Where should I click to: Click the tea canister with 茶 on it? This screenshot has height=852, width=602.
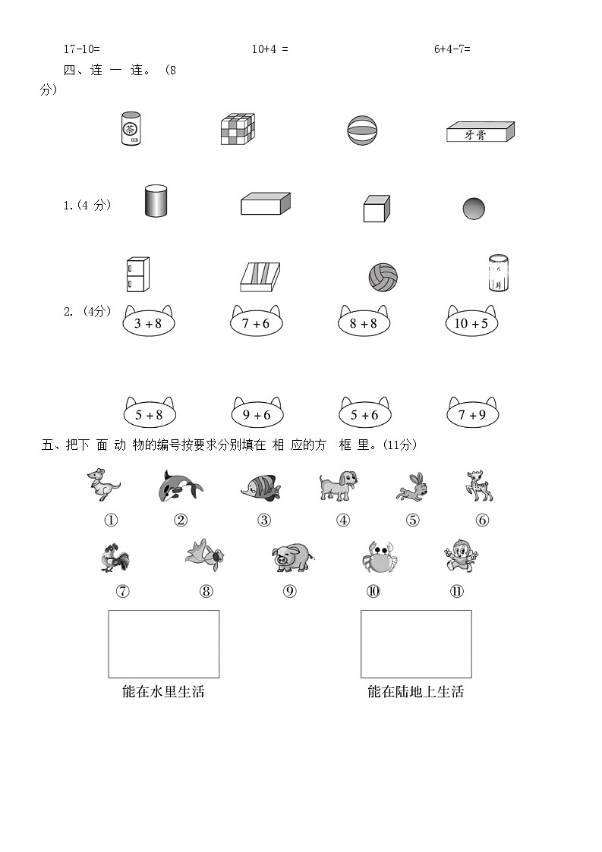[x=131, y=129]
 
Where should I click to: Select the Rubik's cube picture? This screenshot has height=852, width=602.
[x=238, y=129]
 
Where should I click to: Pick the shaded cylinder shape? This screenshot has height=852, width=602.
[x=156, y=201]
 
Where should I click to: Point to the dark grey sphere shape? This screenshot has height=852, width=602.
[x=474, y=209]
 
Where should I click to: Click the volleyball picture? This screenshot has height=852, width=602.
[x=383, y=277]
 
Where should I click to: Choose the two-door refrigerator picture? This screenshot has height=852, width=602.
[x=137, y=275]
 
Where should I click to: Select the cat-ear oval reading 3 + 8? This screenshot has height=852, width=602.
[x=149, y=321]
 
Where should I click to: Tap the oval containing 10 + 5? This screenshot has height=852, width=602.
[x=471, y=321]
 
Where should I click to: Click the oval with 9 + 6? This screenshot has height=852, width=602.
[x=257, y=413]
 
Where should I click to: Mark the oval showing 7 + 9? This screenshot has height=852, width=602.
[x=472, y=413]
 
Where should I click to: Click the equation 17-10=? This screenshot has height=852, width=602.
[x=81, y=49]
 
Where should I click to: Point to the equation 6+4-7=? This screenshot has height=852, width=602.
[x=452, y=49]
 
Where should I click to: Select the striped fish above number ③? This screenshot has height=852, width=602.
[x=261, y=486]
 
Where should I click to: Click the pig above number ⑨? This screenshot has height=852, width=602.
[x=292, y=557]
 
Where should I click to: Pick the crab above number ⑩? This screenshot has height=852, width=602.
[x=380, y=556]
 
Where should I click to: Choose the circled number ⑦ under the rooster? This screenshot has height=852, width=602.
[x=123, y=591]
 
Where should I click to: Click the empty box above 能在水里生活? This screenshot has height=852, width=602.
[x=164, y=644]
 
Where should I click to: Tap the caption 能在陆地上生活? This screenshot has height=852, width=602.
[x=415, y=692]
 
